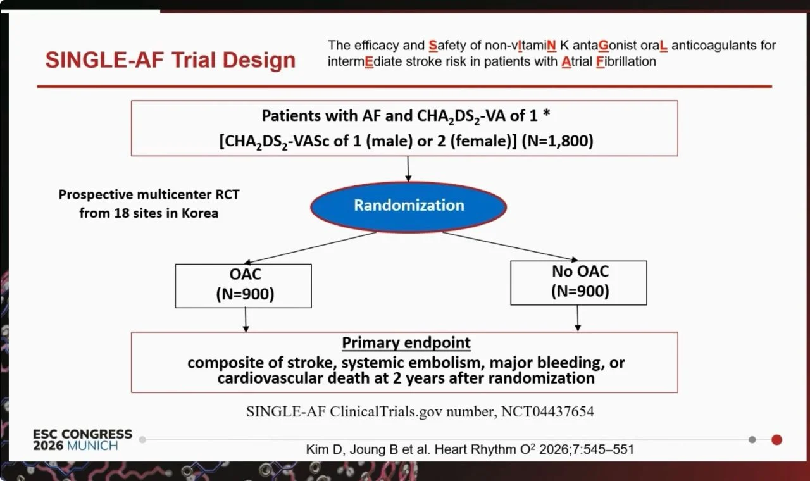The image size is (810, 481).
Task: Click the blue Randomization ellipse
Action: pyautogui.click(x=409, y=207)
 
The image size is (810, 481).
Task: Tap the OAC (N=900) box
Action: pyautogui.click(x=244, y=285)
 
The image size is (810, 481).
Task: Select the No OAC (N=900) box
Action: pyautogui.click(x=578, y=283)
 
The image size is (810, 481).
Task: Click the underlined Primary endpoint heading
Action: pyautogui.click(x=406, y=343)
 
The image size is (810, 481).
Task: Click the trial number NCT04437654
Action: pyautogui.click(x=547, y=411)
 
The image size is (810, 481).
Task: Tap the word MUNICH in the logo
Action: pyautogui.click(x=92, y=446)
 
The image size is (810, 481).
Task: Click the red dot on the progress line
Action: pyautogui.click(x=776, y=440)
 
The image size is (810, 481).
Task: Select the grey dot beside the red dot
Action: pyautogui.click(x=752, y=440)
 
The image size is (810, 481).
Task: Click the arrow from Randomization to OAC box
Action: pyautogui.click(x=310, y=247)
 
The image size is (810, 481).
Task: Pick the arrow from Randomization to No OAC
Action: pyautogui.click(x=510, y=246)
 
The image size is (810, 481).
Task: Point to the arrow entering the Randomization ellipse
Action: pyautogui.click(x=408, y=169)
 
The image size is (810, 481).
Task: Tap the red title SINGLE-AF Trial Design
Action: pyautogui.click(x=170, y=59)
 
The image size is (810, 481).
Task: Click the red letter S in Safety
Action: pyautogui.click(x=433, y=46)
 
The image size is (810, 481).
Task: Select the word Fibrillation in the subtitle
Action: pyautogui.click(x=626, y=61)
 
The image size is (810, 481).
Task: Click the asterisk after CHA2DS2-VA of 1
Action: pyautogui.click(x=546, y=113)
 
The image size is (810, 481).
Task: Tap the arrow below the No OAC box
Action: pyautogui.click(x=578, y=318)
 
